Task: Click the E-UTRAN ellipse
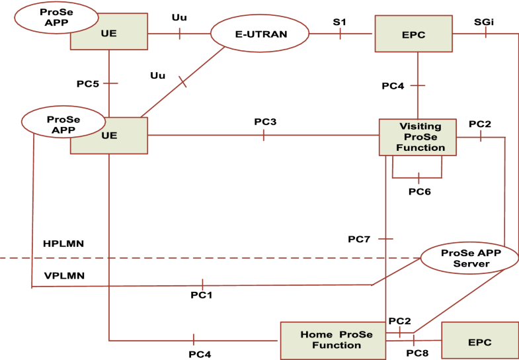[260, 32]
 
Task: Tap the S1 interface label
[340, 22]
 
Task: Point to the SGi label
[483, 22]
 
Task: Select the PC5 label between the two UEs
[88, 84]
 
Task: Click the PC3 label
[265, 122]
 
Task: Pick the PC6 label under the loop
[419, 191]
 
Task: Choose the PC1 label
[201, 294]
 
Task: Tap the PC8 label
[418, 353]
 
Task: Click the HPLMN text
[63, 244]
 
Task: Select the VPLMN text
[63, 275]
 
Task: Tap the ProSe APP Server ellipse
[462, 259]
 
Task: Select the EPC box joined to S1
[413, 33]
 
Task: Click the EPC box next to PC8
[480, 340]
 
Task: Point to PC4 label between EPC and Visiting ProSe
[393, 86]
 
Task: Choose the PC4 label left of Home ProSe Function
[200, 354]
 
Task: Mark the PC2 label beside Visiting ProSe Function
[480, 124]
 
